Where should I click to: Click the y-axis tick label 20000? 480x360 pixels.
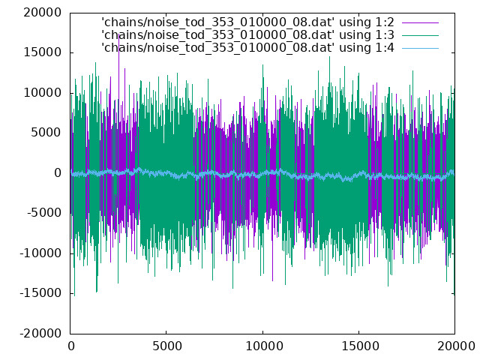43,13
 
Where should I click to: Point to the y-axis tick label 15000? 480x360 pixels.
43,52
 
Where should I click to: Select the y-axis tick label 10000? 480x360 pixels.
43,93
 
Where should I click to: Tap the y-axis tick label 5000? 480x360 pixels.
46,133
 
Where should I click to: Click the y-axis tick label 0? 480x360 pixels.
58,173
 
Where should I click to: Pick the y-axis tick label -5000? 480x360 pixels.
44,213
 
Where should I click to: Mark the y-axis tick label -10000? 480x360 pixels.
40,253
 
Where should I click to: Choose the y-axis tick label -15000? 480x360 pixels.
40,293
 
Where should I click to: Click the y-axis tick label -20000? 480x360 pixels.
40,333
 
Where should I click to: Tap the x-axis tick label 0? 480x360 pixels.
71,346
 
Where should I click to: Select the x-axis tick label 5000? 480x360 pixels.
166,346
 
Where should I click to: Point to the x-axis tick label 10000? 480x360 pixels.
264,346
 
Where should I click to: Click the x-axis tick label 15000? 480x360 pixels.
360,346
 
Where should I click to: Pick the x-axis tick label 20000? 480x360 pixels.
456,346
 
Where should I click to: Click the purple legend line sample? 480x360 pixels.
420,22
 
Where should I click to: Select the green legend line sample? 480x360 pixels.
420,35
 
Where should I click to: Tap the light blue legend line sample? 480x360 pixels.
420,48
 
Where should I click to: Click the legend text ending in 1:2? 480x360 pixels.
247,22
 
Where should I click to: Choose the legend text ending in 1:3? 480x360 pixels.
247,35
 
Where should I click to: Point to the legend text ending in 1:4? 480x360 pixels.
247,48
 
